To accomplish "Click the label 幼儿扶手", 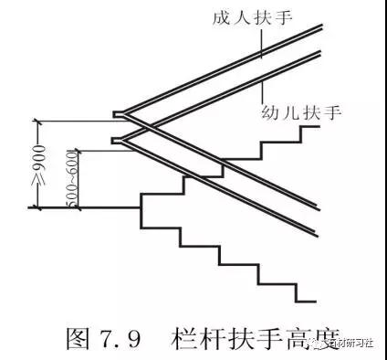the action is tap(300, 113).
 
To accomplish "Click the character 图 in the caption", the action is tap(78, 341).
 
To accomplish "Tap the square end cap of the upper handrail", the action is tap(118, 114).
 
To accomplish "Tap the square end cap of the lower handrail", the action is tap(118, 140).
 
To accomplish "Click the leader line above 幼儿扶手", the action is tap(265, 91).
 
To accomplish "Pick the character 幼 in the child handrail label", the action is tap(267, 113).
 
